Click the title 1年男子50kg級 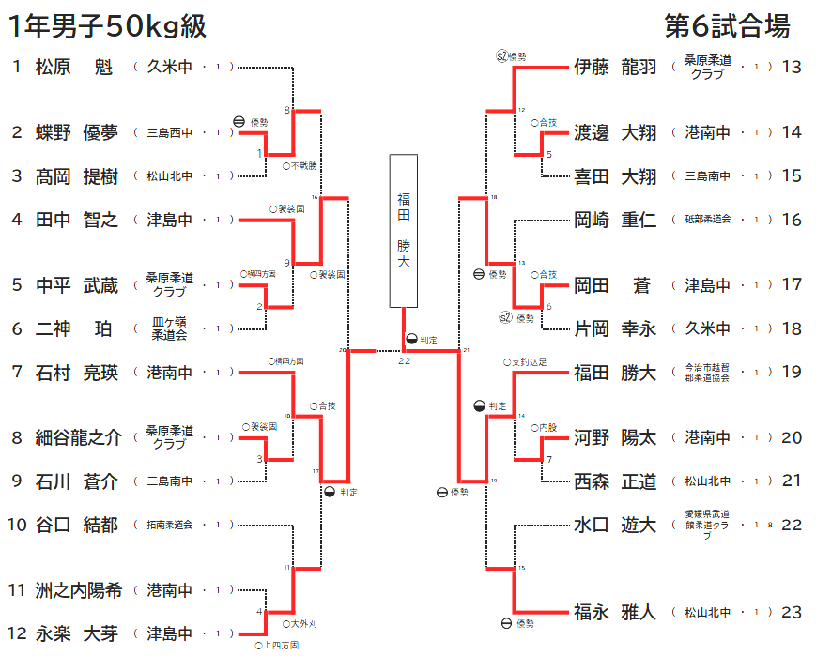[x=107, y=26]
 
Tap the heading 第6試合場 [x=727, y=25]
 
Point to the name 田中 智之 [x=77, y=220]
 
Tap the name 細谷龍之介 [x=79, y=437]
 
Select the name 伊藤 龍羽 [x=615, y=67]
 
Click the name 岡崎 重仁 [x=615, y=220]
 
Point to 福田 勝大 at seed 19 [x=615, y=373]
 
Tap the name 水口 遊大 [x=615, y=525]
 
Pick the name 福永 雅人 [x=615, y=612]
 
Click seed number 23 [x=792, y=612]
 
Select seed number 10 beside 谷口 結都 [x=17, y=525]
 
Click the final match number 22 [x=404, y=361]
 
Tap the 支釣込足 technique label [x=528, y=361]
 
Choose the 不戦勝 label [x=302, y=165]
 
